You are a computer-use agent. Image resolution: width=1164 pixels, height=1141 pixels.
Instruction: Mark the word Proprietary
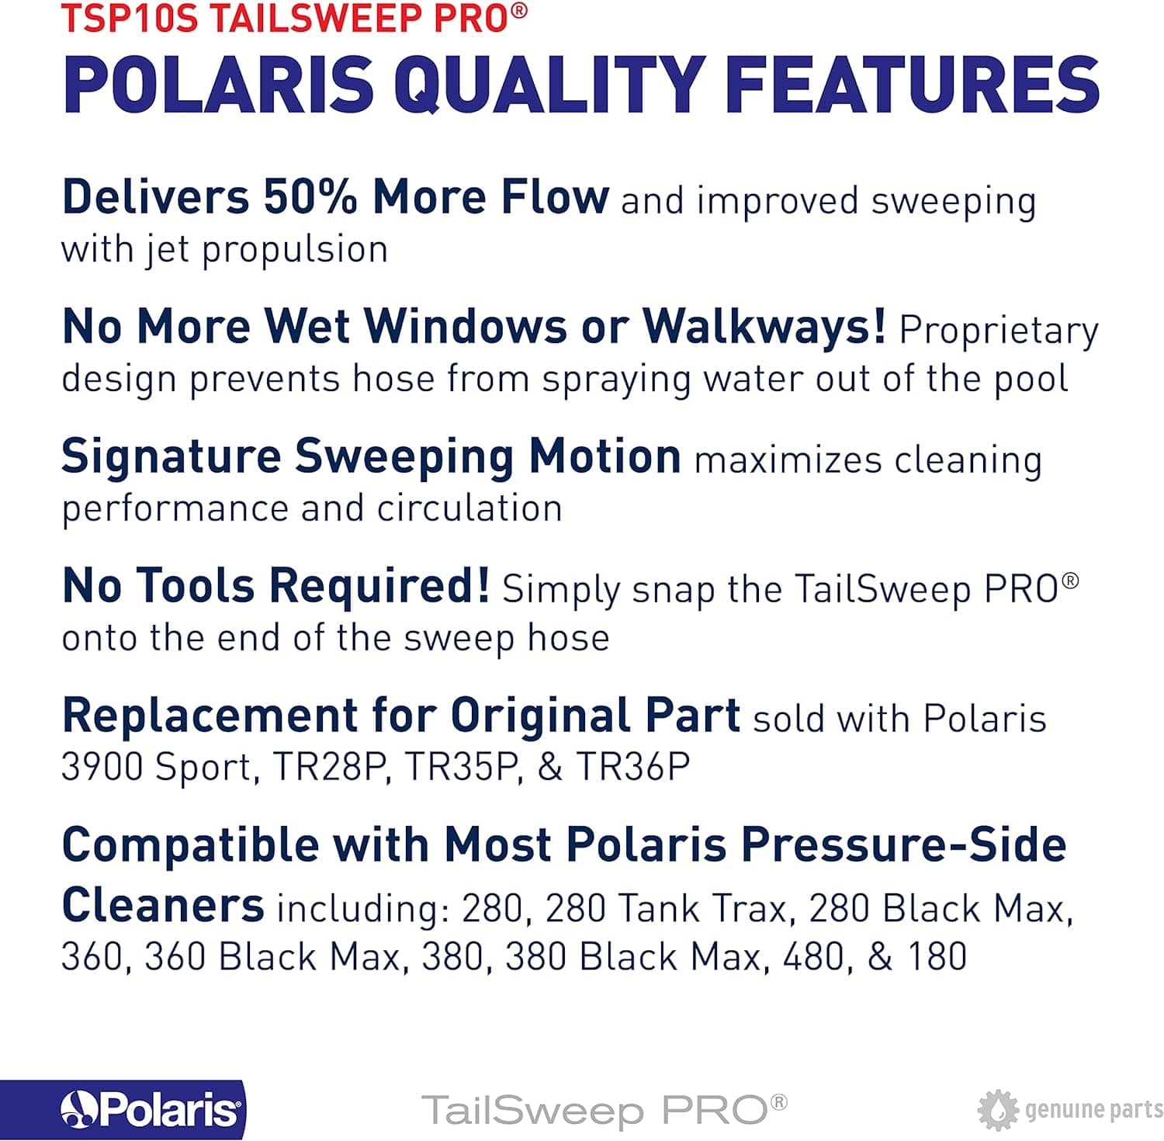pos(999,331)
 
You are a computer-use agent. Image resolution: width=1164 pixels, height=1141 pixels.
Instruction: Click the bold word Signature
pos(171,458)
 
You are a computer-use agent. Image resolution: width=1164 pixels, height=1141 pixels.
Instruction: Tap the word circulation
pos(469,508)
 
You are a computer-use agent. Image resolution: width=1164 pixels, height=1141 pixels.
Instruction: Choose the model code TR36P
pos(633,767)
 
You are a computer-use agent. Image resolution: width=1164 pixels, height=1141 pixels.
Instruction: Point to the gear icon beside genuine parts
pos(997,1110)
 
